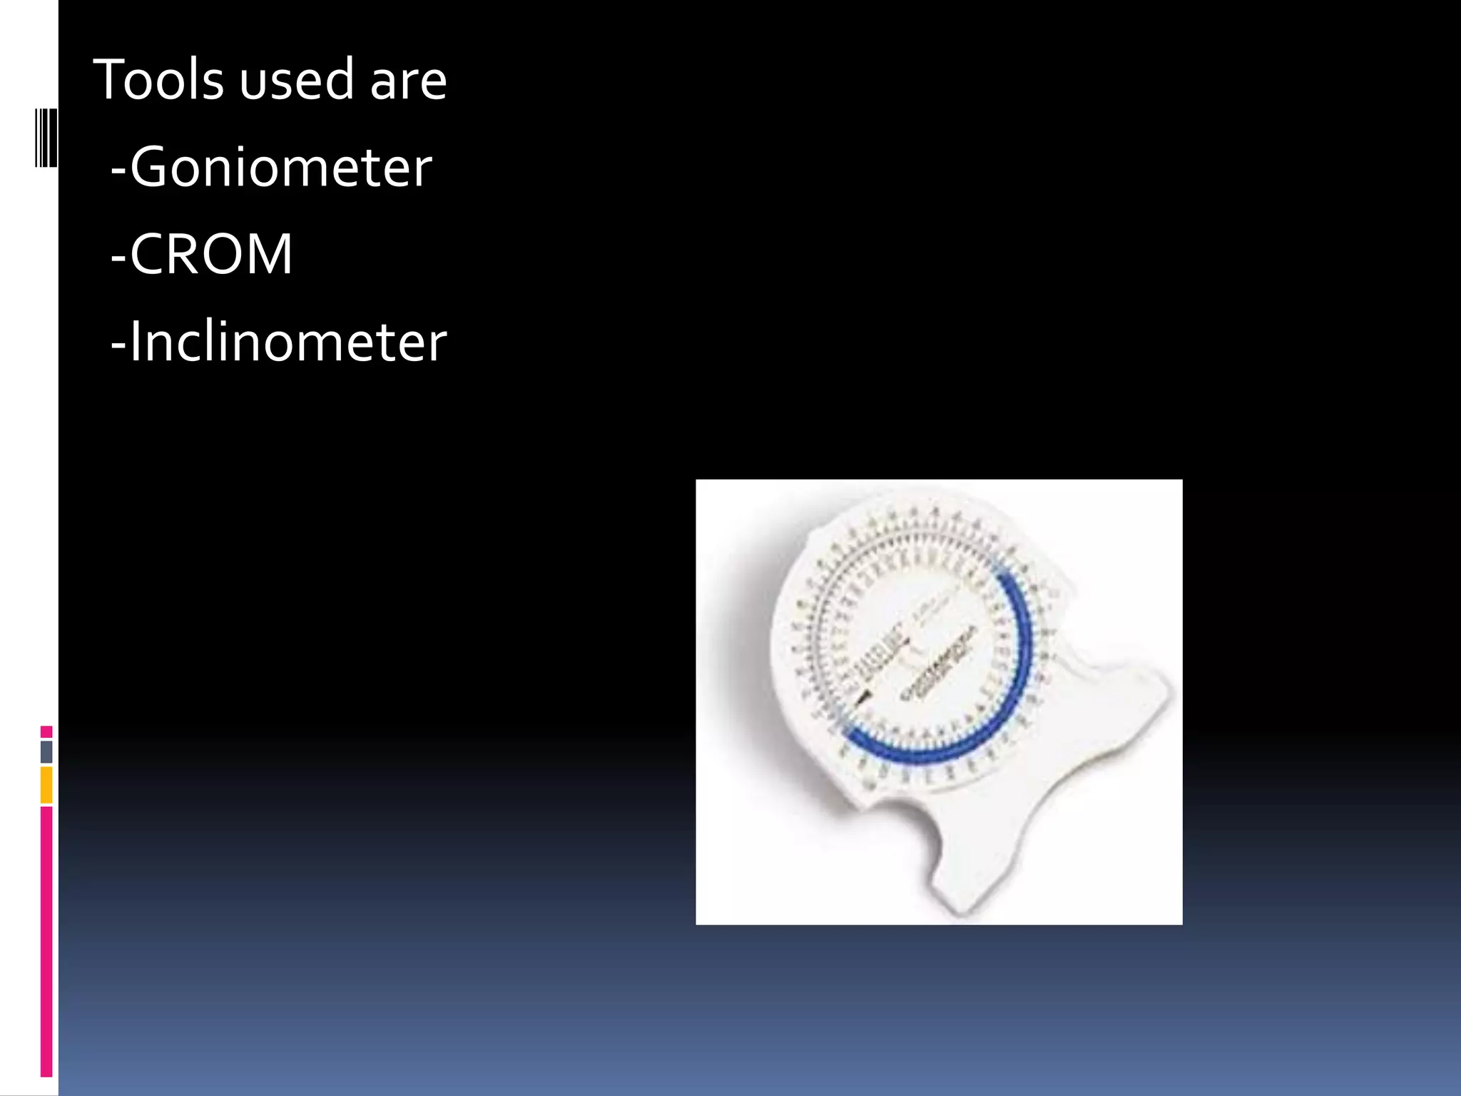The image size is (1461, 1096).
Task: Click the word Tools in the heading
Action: pyautogui.click(x=158, y=79)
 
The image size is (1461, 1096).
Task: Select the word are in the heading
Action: pyautogui.click(x=408, y=81)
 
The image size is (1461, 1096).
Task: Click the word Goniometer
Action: pyautogui.click(x=281, y=167)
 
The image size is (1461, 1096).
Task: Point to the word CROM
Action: pyautogui.click(x=211, y=254)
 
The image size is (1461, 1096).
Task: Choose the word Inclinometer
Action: pyautogui.click(x=288, y=342)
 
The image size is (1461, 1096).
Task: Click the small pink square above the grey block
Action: pyautogui.click(x=46, y=731)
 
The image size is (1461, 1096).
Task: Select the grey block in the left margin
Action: pyautogui.click(x=46, y=751)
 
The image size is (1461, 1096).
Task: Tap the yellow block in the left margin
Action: pyautogui.click(x=46, y=784)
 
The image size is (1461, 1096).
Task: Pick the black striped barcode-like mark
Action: pyautogui.click(x=46, y=138)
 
